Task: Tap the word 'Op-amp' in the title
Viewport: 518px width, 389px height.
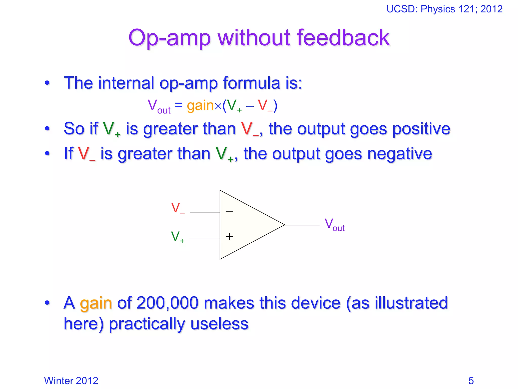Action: pos(169,38)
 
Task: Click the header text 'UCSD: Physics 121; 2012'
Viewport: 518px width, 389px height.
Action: pos(444,9)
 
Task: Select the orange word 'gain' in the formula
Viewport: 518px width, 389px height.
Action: pos(200,105)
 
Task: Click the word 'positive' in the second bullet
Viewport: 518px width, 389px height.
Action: pos(421,129)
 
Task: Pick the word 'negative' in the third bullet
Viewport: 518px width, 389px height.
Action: pos(399,154)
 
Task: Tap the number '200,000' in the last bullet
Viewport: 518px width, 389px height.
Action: pos(167,303)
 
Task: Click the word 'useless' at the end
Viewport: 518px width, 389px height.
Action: pos(220,324)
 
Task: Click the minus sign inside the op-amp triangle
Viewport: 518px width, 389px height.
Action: pos(229,211)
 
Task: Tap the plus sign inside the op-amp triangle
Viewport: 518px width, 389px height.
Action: pos(229,237)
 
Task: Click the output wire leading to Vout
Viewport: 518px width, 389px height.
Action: pos(302,225)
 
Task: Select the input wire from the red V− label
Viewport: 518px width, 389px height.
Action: pos(205,212)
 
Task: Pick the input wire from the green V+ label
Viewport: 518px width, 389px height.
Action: pos(205,238)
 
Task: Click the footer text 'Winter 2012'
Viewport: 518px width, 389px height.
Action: pos(71,381)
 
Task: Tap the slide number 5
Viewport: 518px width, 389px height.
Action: pos(471,381)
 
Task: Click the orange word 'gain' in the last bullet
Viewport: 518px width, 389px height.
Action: pos(96,303)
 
